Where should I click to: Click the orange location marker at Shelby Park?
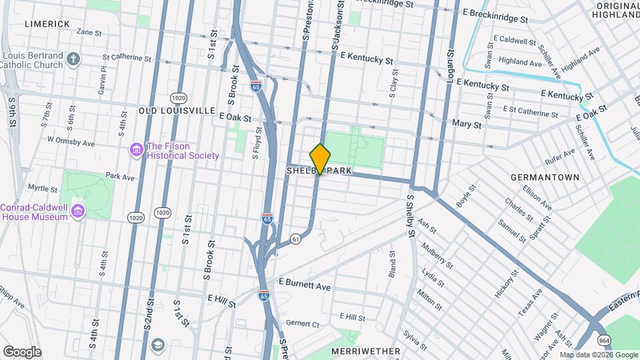pyautogui.click(x=321, y=159)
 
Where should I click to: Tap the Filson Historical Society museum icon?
pyautogui.click(x=136, y=151)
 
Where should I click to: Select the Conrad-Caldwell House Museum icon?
pyautogui.click(x=79, y=212)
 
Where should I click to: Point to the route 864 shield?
pyautogui.click(x=604, y=339)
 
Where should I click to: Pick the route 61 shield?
pyautogui.click(x=295, y=238)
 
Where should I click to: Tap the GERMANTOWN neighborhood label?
pyautogui.click(x=544, y=177)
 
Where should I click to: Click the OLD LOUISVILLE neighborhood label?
pyautogui.click(x=177, y=110)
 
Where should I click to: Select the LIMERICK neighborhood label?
pyautogui.click(x=47, y=24)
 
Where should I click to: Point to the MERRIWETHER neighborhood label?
pyautogui.click(x=365, y=351)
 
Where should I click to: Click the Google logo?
pyautogui.click(x=22, y=351)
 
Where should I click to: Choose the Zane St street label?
pyautogui.click(x=89, y=31)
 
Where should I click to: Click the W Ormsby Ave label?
pyautogui.click(x=71, y=141)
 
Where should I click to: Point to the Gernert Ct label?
pyautogui.click(x=303, y=323)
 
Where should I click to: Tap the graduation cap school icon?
pyautogui.click(x=158, y=345)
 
